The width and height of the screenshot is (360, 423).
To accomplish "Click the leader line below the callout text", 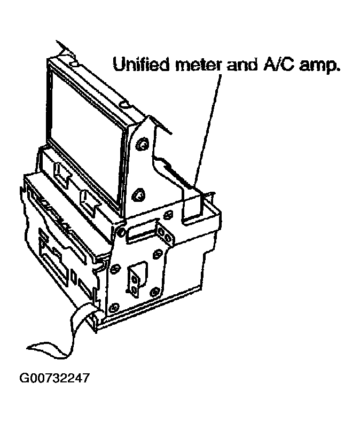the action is (208, 130).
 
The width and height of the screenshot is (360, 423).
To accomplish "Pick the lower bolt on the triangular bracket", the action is (138, 195).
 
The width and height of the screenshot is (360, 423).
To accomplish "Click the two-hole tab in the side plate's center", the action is (134, 284).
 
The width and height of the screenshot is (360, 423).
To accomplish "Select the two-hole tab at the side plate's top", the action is (165, 234).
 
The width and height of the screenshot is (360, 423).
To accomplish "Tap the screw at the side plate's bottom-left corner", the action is (114, 307).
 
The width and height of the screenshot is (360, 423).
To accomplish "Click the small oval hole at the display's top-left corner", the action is (74, 64).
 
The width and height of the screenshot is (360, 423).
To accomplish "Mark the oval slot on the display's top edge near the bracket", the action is (126, 104).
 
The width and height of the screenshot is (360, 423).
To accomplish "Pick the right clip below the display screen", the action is (89, 201).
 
